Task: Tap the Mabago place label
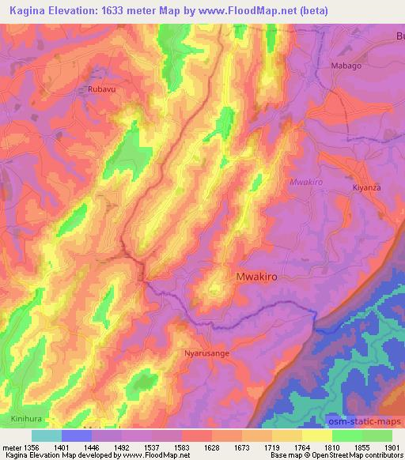point(346,66)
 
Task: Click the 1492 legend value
point(121,447)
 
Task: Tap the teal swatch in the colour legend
point(47,435)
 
